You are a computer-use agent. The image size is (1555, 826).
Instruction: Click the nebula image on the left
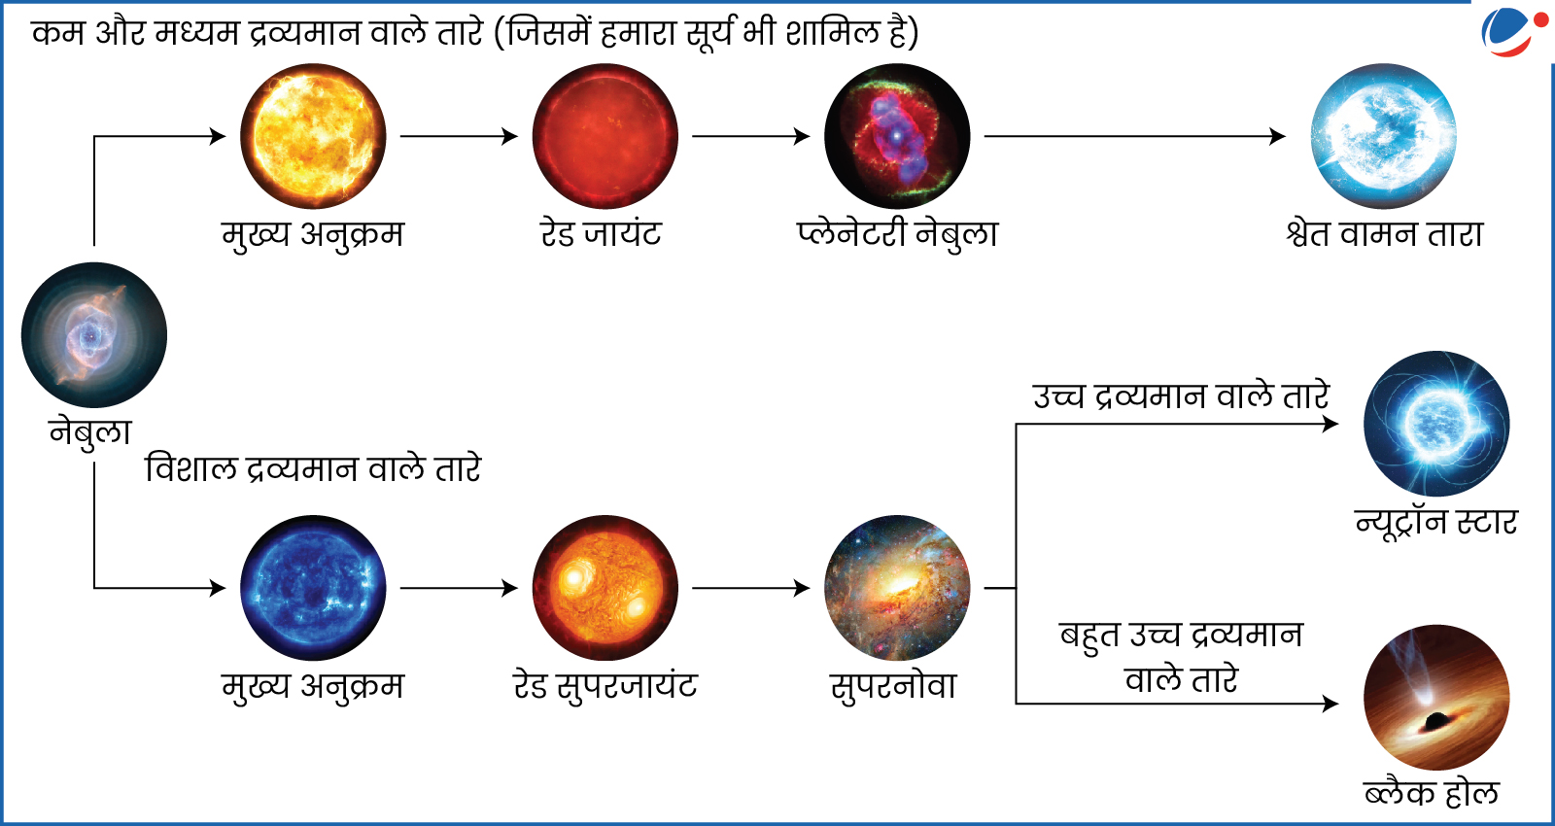coord(93,334)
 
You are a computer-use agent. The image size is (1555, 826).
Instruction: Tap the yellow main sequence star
coord(313,136)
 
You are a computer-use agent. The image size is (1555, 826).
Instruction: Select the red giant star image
coord(605,136)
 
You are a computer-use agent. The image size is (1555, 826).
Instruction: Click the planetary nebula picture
coord(897,136)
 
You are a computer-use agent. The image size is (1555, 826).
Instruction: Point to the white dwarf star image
coord(1384,136)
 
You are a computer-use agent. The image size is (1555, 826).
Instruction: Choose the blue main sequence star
coord(313,588)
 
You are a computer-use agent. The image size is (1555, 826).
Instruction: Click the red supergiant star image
coord(605,588)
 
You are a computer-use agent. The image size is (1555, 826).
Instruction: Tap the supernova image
coord(897,588)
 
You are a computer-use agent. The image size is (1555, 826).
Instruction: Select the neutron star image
coord(1436,424)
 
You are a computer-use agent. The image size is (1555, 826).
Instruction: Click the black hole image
coord(1436,698)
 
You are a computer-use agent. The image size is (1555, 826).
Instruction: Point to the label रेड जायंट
coord(602,234)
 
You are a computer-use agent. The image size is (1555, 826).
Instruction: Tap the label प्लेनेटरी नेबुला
coord(897,234)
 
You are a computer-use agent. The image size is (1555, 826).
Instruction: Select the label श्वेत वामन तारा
coord(1384,234)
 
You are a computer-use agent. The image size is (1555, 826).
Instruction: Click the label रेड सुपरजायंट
coord(605,686)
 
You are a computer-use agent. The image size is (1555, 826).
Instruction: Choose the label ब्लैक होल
coord(1432,793)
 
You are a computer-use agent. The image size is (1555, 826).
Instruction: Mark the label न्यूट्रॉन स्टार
coord(1436,523)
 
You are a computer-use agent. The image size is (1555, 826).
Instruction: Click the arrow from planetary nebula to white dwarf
coord(1135,136)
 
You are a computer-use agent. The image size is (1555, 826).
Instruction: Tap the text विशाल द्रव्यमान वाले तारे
coord(313,469)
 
